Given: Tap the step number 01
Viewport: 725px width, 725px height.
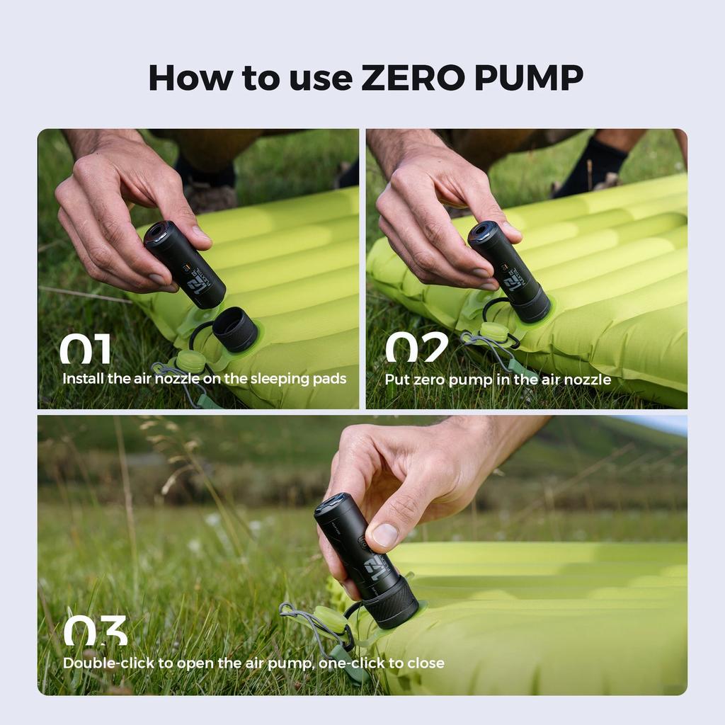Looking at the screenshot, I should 85,349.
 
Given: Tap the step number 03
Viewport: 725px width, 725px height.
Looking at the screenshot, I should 96,630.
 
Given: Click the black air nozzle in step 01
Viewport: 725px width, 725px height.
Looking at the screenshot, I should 235,329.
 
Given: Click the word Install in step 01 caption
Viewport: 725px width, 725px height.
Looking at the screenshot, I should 83,379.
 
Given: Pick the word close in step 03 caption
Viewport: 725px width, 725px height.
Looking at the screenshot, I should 425,663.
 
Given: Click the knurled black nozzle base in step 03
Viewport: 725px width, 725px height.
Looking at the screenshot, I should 391,605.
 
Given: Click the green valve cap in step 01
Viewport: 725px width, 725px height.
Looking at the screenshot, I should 190,361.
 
